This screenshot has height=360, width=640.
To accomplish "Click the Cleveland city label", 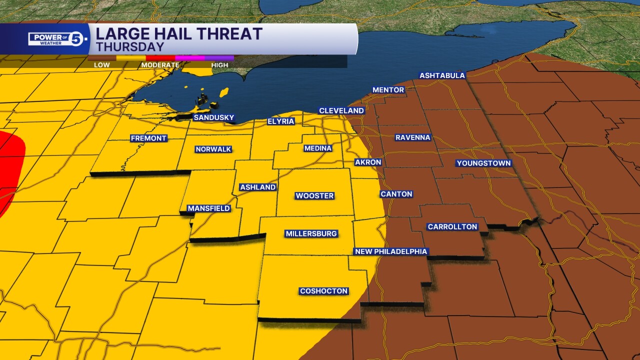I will click(x=341, y=110).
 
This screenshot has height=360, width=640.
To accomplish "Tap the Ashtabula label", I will click(x=442, y=76).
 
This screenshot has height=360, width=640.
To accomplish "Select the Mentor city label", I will click(x=388, y=90).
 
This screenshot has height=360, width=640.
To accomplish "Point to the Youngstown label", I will click(x=483, y=163).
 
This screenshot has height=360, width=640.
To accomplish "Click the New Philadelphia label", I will click(x=391, y=251).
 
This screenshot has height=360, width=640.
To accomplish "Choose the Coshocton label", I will click(x=323, y=291).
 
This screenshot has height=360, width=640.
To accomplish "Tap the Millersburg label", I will click(x=311, y=234).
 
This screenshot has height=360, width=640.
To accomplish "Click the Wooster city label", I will click(x=314, y=196).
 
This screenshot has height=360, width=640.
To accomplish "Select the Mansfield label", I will click(x=208, y=208).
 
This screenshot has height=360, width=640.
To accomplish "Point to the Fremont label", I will click(x=148, y=138).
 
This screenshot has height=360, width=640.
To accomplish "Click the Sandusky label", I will click(x=213, y=118).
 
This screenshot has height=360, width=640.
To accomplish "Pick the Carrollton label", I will click(x=452, y=227).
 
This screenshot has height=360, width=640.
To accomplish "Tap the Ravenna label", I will click(x=412, y=137).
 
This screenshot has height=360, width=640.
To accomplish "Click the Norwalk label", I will click(x=213, y=149).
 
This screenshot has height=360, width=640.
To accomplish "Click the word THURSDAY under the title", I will click(x=130, y=47).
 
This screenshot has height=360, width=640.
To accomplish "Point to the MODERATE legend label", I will click(x=160, y=65).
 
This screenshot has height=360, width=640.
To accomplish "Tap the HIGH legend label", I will click(x=219, y=65).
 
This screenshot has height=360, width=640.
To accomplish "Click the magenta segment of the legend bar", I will click(x=190, y=58).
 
